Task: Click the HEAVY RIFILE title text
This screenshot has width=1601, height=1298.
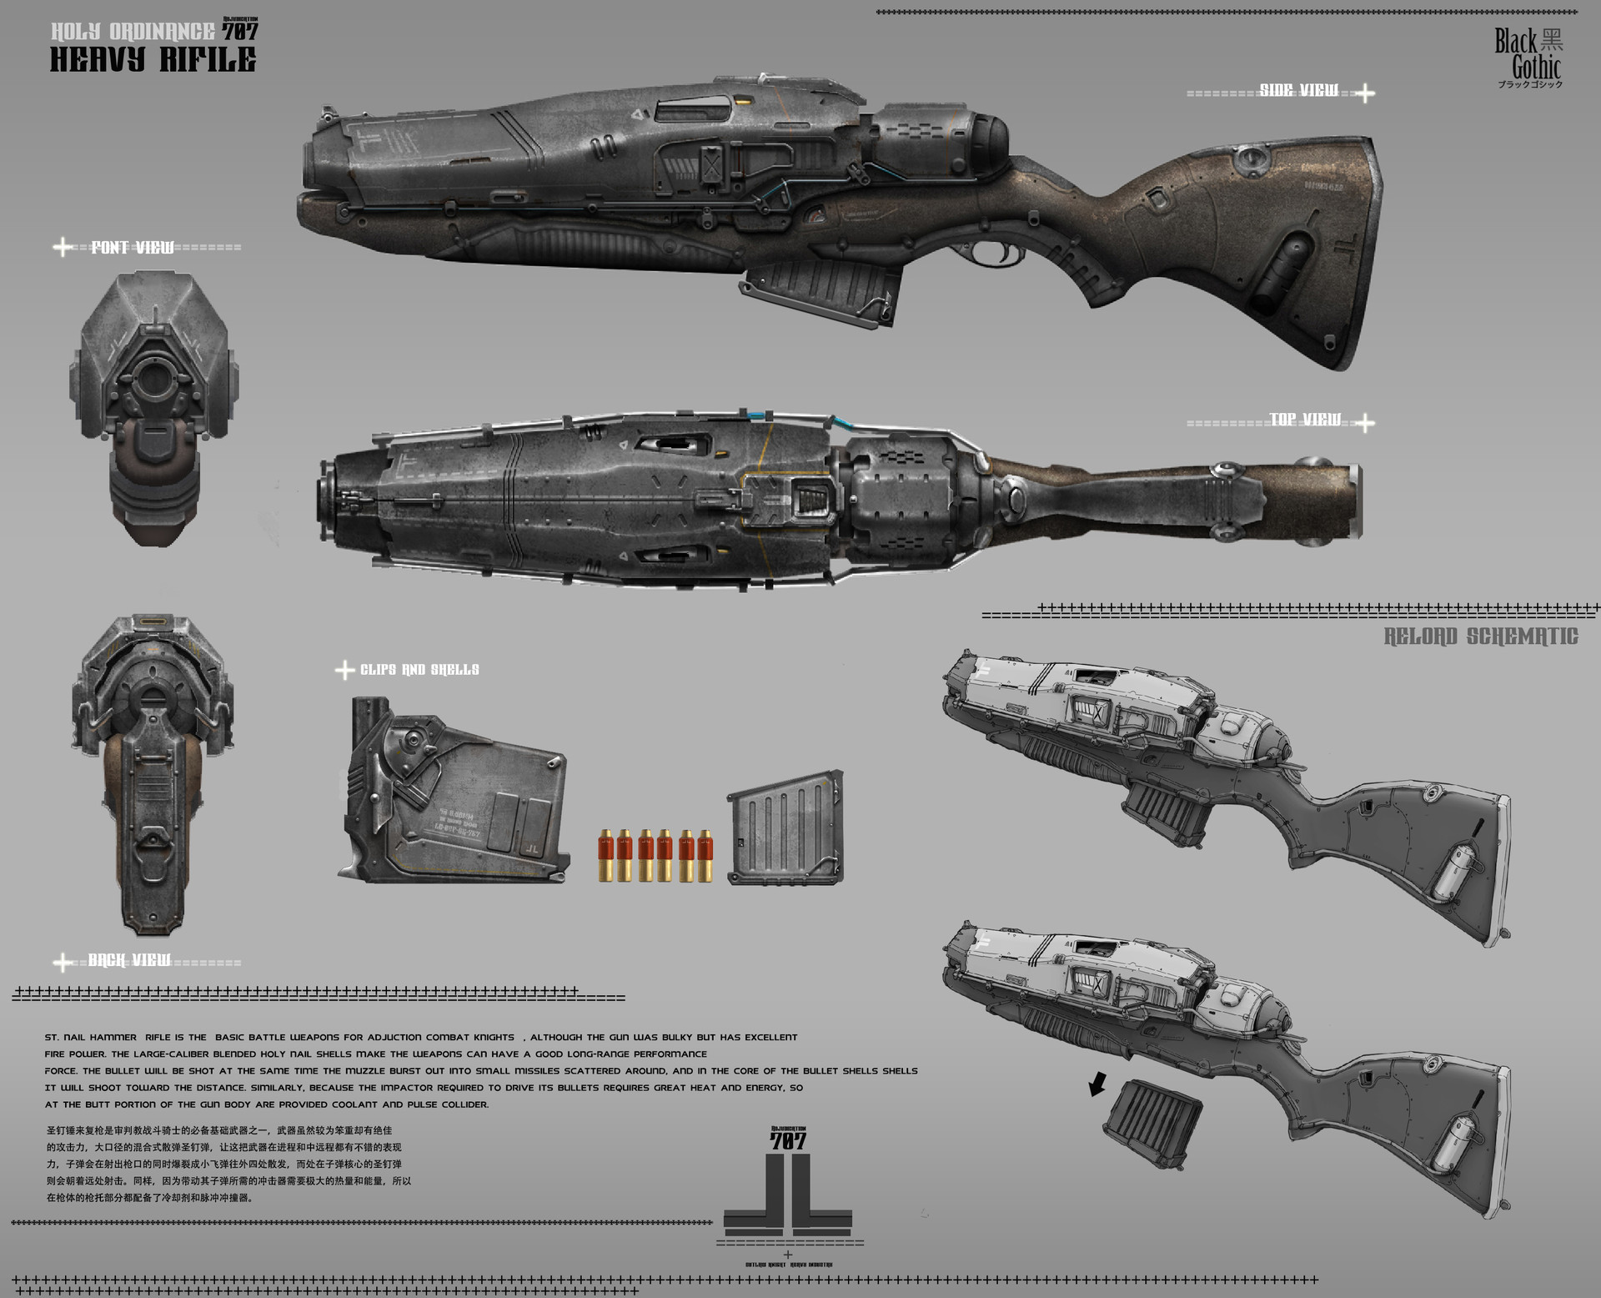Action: click(x=153, y=60)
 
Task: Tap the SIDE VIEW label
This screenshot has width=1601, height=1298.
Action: click(x=1298, y=90)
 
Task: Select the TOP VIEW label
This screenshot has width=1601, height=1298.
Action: click(x=1305, y=420)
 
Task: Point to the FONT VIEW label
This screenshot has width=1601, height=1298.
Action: click(x=133, y=247)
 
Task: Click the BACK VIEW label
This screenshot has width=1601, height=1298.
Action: click(x=129, y=960)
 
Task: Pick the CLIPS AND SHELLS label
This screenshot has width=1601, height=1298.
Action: click(x=419, y=670)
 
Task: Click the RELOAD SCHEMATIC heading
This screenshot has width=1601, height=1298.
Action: click(x=1481, y=636)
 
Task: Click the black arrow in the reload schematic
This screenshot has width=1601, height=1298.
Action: click(x=1098, y=1085)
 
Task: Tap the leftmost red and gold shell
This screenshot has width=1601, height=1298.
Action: click(x=605, y=855)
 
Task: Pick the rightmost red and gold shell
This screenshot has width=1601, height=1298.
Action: click(x=705, y=855)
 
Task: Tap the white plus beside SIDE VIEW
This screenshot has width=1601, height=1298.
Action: click(x=1364, y=93)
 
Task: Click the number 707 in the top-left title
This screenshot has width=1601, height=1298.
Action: click(x=240, y=32)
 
